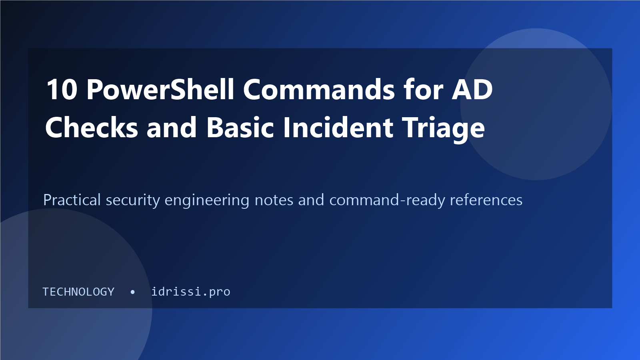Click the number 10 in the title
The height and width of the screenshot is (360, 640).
[62, 90]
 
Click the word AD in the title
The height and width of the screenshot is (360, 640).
[472, 90]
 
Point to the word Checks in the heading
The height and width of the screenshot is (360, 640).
[92, 127]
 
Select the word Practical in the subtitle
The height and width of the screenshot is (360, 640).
[72, 200]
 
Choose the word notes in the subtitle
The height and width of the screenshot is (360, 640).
[274, 200]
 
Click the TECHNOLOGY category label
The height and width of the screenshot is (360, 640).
[78, 292]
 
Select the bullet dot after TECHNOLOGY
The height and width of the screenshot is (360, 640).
[132, 292]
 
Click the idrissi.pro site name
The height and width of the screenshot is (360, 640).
[190, 292]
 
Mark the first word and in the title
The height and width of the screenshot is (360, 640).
[172, 128]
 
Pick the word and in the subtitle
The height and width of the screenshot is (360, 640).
[311, 200]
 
